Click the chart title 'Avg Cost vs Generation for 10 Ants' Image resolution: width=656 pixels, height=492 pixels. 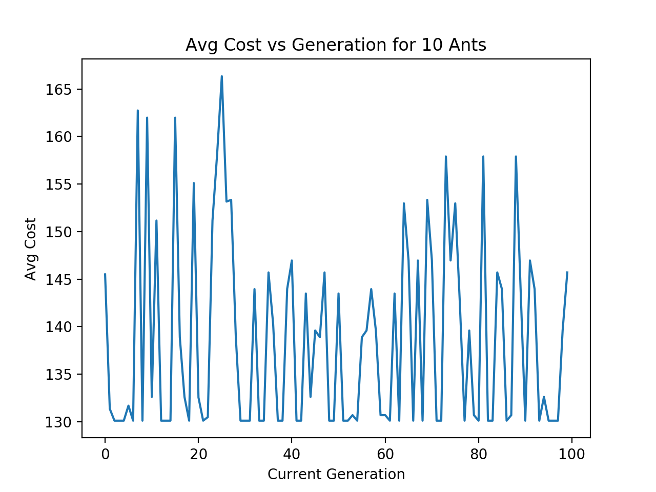click(336, 45)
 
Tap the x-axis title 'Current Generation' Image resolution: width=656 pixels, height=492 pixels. click(336, 474)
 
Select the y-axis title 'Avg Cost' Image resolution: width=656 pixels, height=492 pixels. click(31, 249)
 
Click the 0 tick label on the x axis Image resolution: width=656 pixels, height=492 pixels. click(105, 454)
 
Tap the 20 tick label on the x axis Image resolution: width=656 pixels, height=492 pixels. click(198, 454)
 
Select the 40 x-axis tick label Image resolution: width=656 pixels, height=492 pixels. click(292, 454)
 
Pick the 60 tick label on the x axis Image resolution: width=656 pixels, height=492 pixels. click(385, 454)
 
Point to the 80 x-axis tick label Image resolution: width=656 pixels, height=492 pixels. click(478, 454)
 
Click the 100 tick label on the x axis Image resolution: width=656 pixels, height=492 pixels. click(571, 454)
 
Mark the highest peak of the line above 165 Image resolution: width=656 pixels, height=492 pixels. click(221, 76)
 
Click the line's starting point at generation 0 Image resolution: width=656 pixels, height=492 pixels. click(105, 274)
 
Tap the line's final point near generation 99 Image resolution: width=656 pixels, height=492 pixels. click(567, 272)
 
